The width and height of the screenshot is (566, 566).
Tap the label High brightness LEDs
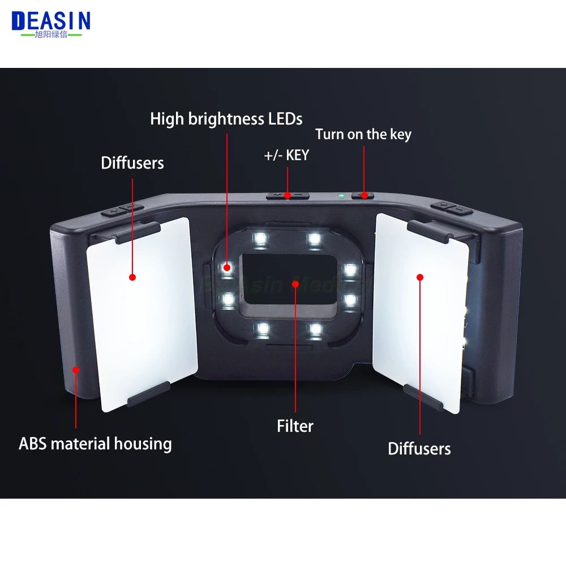point(226,119)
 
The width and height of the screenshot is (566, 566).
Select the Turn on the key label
point(363,135)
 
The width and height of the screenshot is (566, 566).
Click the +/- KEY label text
point(286,156)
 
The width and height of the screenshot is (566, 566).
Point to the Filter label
point(295,426)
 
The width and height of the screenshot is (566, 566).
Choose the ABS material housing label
point(95,443)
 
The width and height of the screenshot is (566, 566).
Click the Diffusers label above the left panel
point(132,163)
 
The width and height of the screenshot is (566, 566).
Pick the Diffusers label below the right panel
point(419,449)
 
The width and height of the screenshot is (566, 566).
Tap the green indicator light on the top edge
point(340,196)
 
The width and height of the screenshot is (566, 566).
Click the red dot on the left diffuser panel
point(132,277)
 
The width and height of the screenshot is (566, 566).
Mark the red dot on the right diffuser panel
point(420,277)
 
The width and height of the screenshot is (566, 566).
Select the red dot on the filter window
point(295,282)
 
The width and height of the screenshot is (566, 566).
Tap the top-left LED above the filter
point(261,238)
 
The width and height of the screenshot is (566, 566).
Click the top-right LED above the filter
point(312,238)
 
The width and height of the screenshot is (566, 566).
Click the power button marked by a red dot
point(363,195)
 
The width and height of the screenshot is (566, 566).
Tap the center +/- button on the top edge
point(288,195)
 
